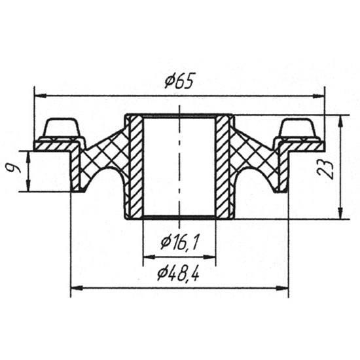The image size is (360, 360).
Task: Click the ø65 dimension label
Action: click(x=179, y=81)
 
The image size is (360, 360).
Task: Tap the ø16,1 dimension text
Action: click(x=179, y=242)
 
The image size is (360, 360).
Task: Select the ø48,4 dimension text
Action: click(x=178, y=274)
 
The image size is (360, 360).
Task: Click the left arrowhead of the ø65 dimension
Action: click(x=40, y=96)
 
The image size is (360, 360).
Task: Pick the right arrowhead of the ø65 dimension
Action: click(x=319, y=96)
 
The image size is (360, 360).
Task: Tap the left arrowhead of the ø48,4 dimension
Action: click(x=77, y=288)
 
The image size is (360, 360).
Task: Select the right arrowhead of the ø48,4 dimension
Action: click(x=283, y=288)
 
